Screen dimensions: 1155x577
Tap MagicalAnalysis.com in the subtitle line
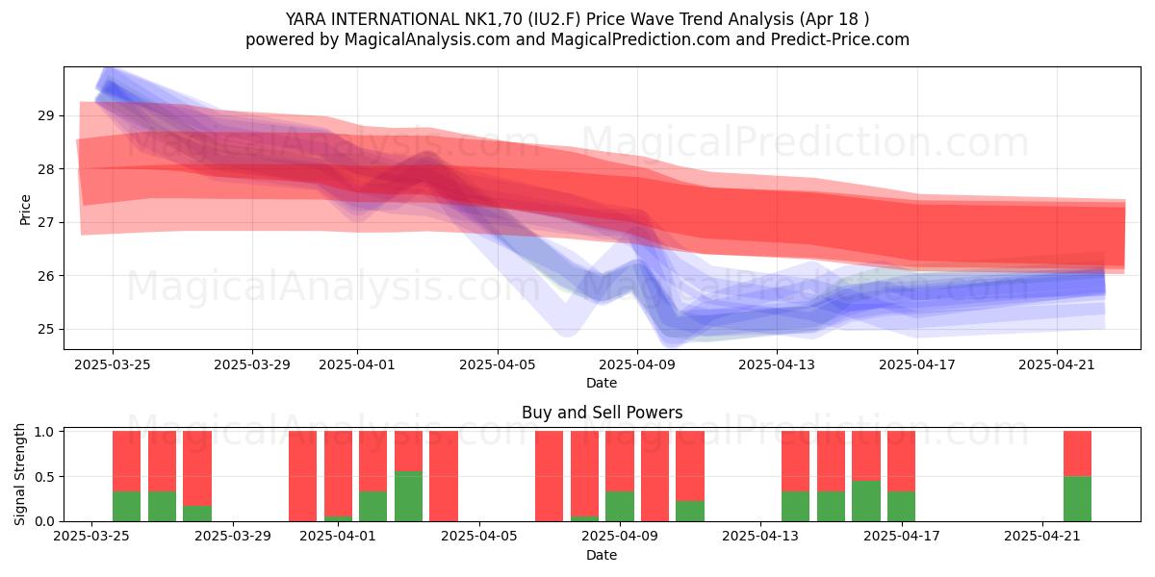pos(427,39)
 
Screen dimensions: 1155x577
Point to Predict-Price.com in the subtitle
pos(840,39)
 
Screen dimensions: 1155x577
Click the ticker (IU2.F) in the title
pos(553,19)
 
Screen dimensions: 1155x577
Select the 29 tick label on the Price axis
pos(45,115)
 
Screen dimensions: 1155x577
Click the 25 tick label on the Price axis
pos(45,329)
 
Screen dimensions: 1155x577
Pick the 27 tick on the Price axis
pos(45,222)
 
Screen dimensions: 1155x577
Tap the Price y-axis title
pos(25,210)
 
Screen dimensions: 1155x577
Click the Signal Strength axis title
pos(19,474)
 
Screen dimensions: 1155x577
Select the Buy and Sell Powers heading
pos(602,413)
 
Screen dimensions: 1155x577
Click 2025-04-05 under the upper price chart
pos(498,364)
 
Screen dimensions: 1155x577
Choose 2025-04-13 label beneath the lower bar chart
pos(760,536)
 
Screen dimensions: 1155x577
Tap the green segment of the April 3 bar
pos(408,496)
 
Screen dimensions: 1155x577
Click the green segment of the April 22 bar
pos(1078,499)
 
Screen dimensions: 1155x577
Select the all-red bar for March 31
pos(302,476)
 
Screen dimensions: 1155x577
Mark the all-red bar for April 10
pos(654,476)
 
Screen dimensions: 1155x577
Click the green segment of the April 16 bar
pos(866,501)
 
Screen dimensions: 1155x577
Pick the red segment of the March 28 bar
pos(197,468)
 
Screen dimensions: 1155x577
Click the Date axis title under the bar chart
pos(602,555)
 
